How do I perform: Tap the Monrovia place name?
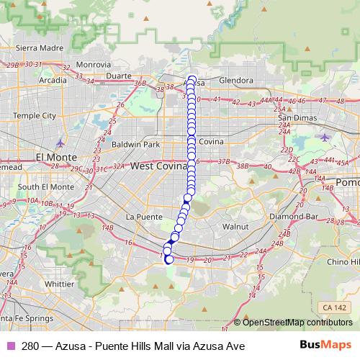coord(94,65)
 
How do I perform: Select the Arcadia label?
coord(52,80)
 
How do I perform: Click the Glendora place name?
coord(235,80)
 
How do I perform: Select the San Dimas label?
coord(296,117)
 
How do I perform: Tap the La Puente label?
coord(140,216)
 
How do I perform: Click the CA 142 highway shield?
coord(335,308)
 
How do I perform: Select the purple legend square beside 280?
coord(10,346)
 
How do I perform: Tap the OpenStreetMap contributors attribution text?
coord(297,322)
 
